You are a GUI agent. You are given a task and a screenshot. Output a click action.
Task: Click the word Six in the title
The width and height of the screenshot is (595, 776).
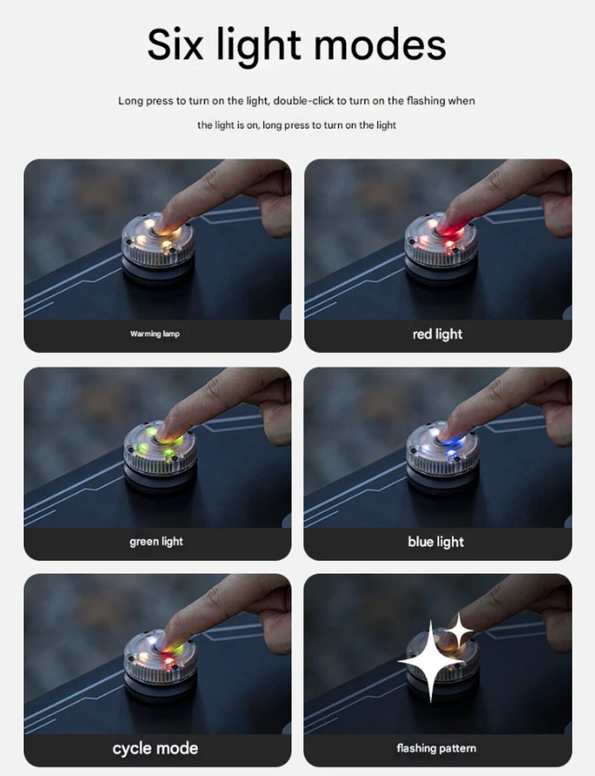pos(175,45)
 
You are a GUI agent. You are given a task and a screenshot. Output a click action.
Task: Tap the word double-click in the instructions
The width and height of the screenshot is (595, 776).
pos(304,101)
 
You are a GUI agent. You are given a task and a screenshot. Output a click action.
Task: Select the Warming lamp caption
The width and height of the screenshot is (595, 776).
pos(155,334)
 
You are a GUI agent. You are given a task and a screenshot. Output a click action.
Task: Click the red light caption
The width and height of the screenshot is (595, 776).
pos(438,334)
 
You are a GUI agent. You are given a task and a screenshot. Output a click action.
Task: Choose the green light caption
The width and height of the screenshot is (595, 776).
pos(156,542)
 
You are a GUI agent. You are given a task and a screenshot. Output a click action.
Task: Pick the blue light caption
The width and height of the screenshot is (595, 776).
pos(436,542)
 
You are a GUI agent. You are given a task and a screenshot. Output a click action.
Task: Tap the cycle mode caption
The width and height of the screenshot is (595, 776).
pos(155,748)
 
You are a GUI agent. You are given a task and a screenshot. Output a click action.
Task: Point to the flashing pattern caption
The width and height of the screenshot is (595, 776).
pos(436,748)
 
